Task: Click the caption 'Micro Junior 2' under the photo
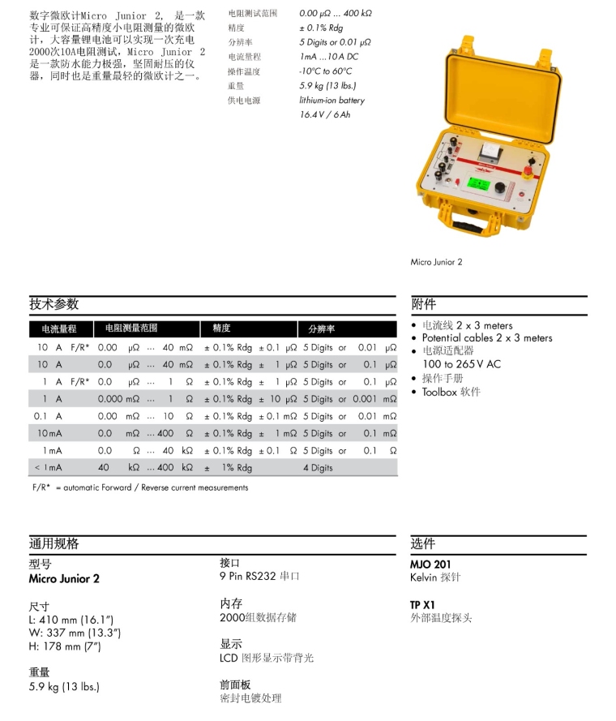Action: click(x=436, y=262)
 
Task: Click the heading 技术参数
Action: click(x=54, y=304)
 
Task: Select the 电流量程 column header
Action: click(x=59, y=329)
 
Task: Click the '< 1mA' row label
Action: click(x=48, y=468)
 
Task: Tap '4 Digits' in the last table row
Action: click(x=318, y=468)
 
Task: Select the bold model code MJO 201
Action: click(x=430, y=564)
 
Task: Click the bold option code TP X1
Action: click(x=422, y=605)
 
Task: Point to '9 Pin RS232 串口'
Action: click(x=259, y=577)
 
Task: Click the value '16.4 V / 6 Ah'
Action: click(x=325, y=115)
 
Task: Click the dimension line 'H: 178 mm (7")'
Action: click(x=65, y=646)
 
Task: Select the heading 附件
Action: click(x=424, y=304)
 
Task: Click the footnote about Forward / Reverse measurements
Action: click(x=139, y=487)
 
